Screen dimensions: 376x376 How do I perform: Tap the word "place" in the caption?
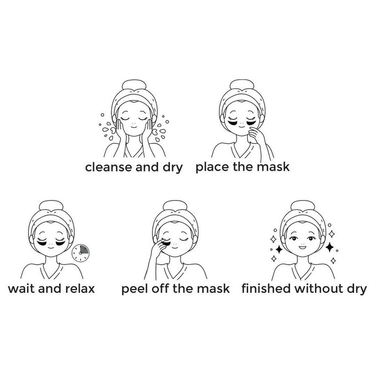pos(213,167)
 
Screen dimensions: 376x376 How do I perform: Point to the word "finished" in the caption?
pos(266,288)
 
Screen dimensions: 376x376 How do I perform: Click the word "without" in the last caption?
pos(319,288)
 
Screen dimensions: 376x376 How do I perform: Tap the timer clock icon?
pos(80,253)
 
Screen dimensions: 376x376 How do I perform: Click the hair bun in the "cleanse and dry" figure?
pos(134,85)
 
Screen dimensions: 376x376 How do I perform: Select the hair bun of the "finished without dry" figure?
pos(302,206)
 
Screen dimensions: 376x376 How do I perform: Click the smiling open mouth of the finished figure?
pos(303,247)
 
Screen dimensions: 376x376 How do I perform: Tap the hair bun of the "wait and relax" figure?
pos(51,206)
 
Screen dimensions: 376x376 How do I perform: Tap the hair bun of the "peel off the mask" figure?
pos(175,206)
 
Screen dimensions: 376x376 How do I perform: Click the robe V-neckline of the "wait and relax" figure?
pos(51,271)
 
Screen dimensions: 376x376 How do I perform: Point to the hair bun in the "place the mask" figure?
pos(242,85)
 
